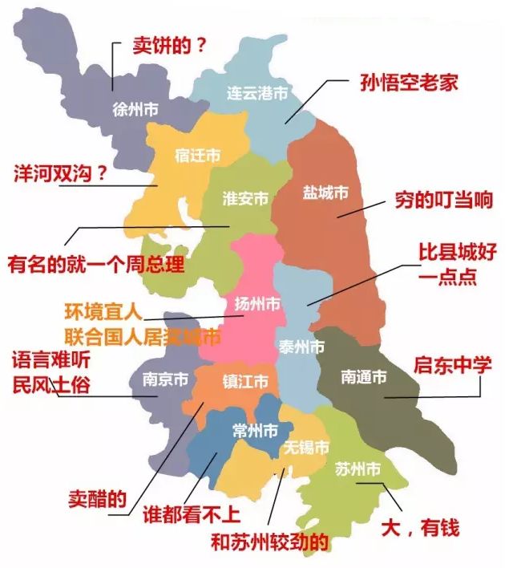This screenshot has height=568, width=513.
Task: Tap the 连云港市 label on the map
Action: pyautogui.click(x=256, y=94)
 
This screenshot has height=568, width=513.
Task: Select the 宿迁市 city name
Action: pyautogui.click(x=197, y=156)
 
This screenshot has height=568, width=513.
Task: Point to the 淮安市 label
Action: pyautogui.click(x=244, y=199)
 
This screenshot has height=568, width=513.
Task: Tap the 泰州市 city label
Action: pyautogui.click(x=302, y=347)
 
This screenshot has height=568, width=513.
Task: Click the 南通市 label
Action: pyautogui.click(x=363, y=375)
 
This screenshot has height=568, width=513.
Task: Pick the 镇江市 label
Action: pyautogui.click(x=244, y=382)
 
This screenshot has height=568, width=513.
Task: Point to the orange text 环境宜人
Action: pyautogui.click(x=103, y=310)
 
